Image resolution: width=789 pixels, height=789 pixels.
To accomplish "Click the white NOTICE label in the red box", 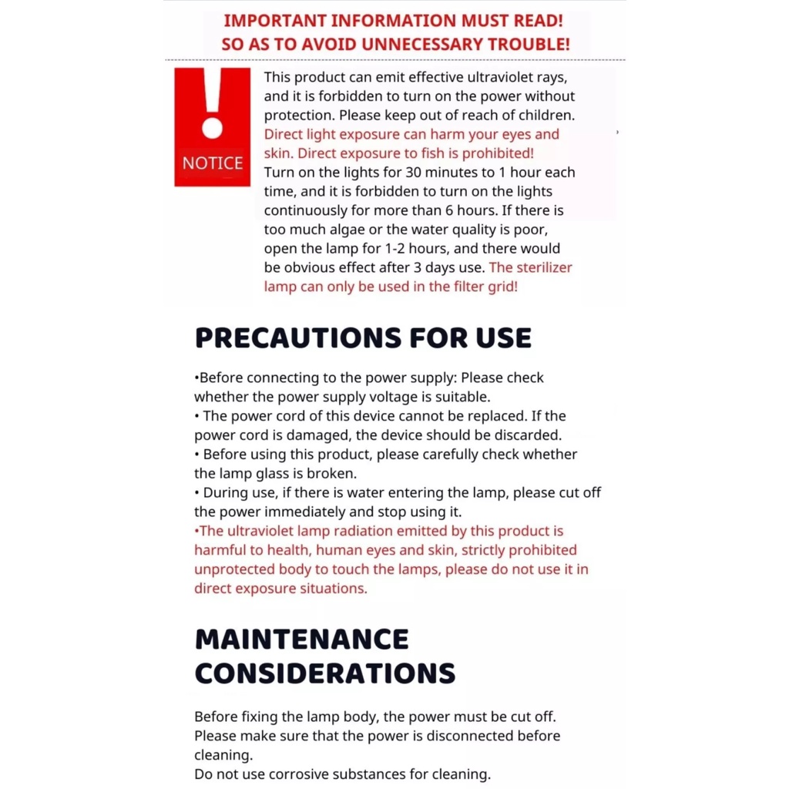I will point(212,163).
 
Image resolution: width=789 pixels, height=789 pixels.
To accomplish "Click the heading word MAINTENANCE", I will point(301,640).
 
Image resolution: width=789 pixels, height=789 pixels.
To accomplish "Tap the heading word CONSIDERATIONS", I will point(324,673).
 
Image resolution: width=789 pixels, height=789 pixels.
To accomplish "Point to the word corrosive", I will point(294,774).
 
